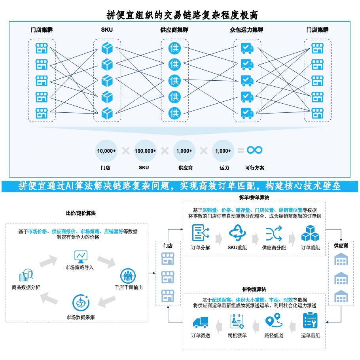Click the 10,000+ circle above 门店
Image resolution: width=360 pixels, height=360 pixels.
(106, 151)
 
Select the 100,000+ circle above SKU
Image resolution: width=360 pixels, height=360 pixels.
(145, 151)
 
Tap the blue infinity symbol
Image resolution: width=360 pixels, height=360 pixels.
(254, 150)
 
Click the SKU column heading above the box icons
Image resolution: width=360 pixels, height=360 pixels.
(107, 30)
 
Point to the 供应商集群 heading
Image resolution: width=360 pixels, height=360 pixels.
(174, 30)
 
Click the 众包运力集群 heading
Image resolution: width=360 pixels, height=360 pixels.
(246, 30)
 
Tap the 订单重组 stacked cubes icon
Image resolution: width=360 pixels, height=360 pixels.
(310, 233)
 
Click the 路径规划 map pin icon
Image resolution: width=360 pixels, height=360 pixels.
(273, 321)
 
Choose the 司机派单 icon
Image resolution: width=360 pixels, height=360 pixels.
(237, 321)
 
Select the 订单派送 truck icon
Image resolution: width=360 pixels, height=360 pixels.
(201, 322)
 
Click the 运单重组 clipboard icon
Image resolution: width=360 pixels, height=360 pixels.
(310, 320)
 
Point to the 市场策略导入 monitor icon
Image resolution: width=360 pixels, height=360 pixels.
(81, 256)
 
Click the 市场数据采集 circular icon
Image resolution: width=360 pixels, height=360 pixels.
(80, 303)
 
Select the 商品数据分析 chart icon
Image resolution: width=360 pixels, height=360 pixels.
(26, 275)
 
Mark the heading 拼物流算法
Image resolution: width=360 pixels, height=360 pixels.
(254, 289)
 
